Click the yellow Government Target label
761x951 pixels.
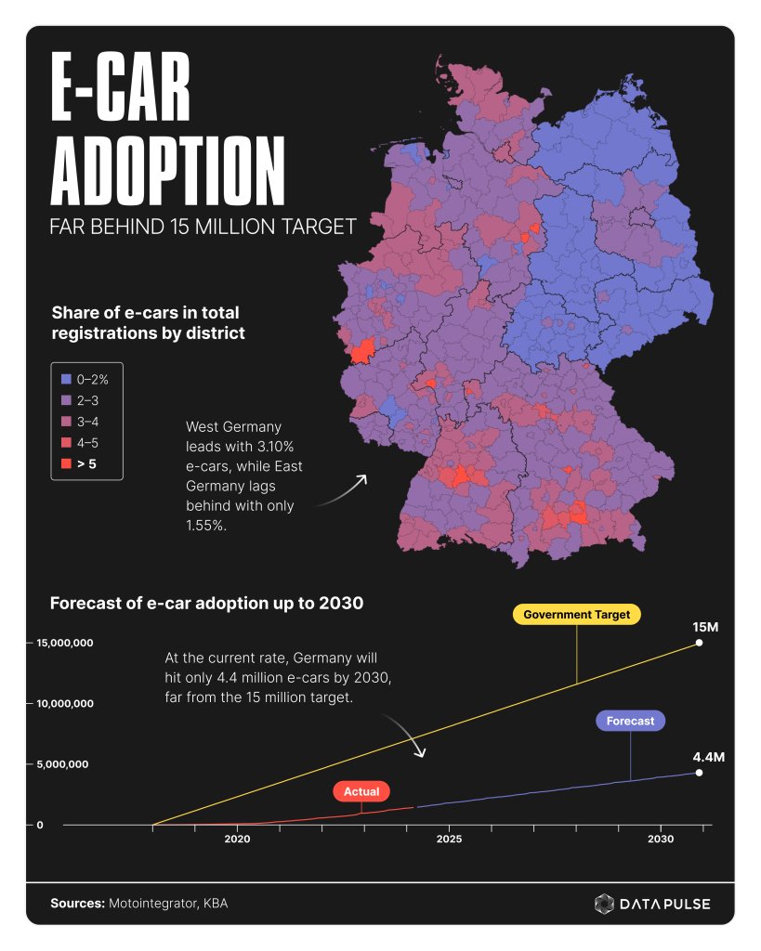(x=576, y=615)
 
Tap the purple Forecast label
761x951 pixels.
(x=631, y=721)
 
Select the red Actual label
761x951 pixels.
(x=361, y=791)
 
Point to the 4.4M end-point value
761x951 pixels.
(x=708, y=757)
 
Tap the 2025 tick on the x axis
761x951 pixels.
(x=450, y=839)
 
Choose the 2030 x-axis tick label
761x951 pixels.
(x=662, y=839)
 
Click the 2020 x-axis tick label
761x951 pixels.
(x=237, y=839)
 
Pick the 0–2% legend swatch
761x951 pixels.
(x=65, y=380)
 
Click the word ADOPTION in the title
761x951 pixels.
(x=167, y=172)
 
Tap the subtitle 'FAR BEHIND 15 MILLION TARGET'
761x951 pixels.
(x=203, y=227)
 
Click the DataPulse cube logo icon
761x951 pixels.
(x=604, y=904)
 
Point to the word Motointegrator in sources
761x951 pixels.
(x=148, y=903)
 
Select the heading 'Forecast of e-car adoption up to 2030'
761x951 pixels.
(x=205, y=603)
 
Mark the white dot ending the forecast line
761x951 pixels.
(x=699, y=773)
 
